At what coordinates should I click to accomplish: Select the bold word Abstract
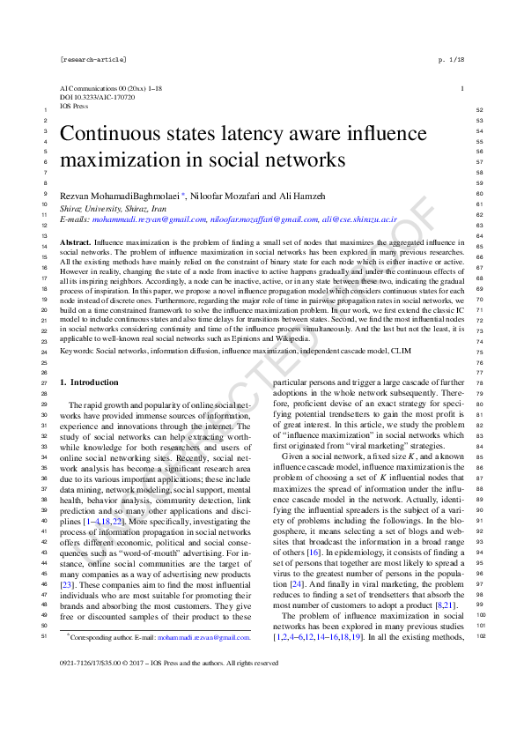coord(80,241)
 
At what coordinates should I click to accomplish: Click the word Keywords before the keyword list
coord(77,350)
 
